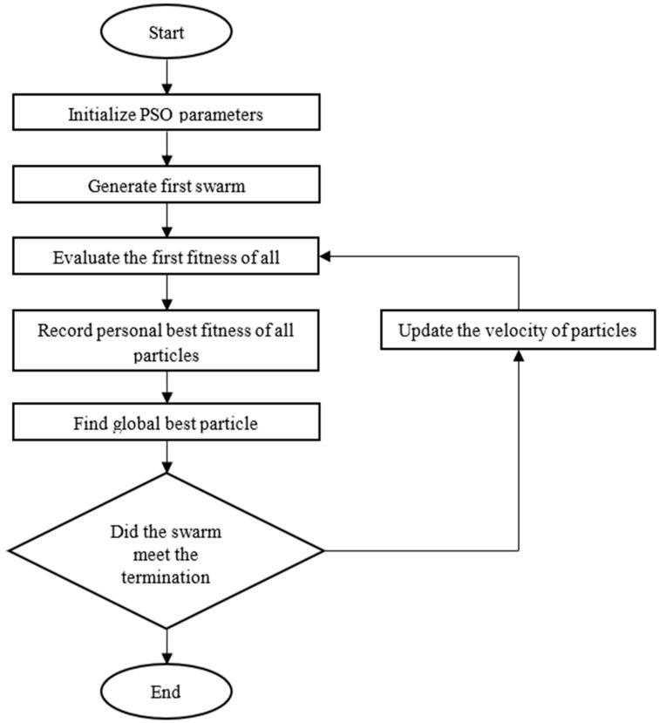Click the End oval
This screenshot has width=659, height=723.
click(x=165, y=692)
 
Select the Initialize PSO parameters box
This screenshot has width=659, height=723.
click(x=165, y=113)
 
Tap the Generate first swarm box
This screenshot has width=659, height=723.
click(x=165, y=185)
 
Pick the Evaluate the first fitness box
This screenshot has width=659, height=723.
click(x=165, y=257)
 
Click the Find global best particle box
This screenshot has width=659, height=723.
click(x=165, y=426)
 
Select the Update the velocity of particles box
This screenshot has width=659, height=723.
click(x=517, y=331)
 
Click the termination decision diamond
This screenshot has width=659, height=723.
click(x=165, y=550)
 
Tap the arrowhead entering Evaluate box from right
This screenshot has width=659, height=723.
click(x=323, y=257)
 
